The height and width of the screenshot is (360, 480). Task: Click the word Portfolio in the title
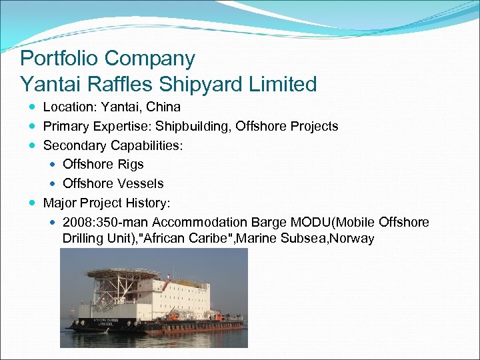(59, 59)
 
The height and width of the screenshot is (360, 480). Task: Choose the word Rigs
(130, 164)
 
